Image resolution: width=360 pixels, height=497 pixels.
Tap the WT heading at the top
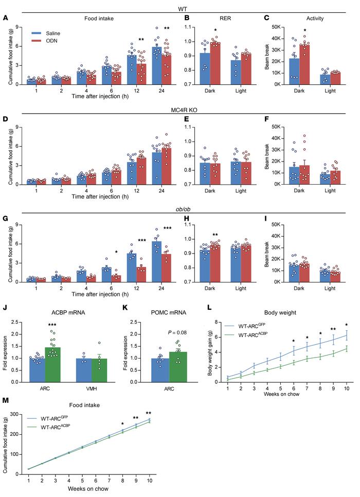click(x=181, y=8)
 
